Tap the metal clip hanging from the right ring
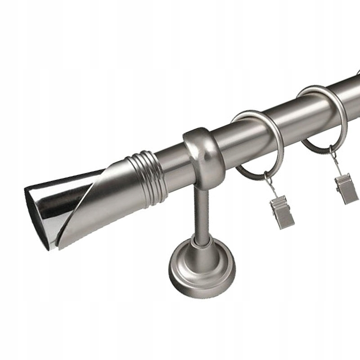pyautogui.click(x=346, y=189)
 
